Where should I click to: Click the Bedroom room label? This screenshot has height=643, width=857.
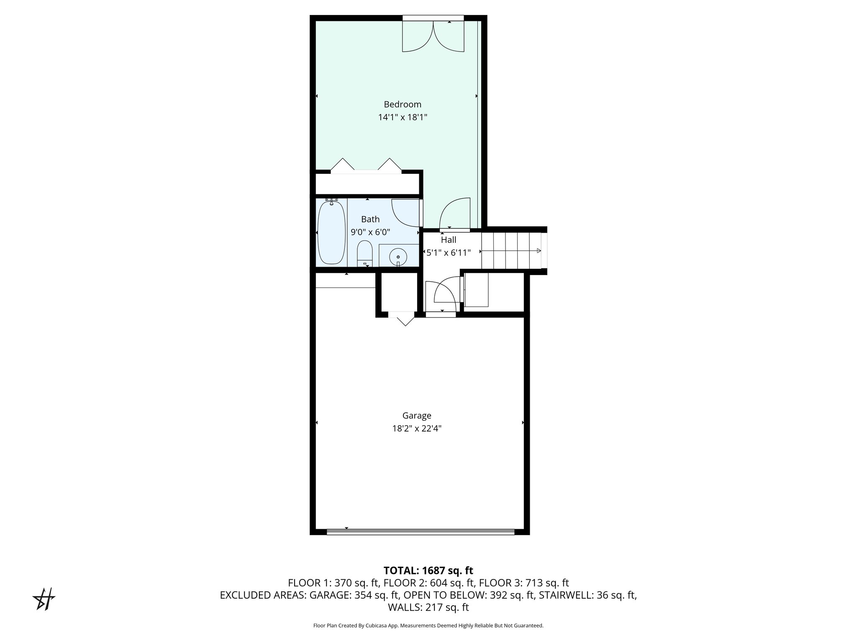(402, 104)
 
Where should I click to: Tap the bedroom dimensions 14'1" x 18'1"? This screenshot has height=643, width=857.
(402, 118)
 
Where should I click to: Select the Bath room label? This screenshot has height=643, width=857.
(370, 219)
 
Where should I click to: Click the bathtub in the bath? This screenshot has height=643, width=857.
(331, 233)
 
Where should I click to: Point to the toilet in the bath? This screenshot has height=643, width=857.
(364, 253)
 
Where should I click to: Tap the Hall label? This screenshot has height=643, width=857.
(448, 240)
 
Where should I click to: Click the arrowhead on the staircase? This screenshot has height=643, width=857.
(539, 251)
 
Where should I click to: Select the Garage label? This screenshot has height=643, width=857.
(416, 416)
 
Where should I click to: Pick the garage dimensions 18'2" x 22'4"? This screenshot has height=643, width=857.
(416, 429)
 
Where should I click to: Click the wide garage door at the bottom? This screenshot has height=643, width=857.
(420, 532)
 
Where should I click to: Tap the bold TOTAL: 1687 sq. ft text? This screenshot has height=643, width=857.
(428, 571)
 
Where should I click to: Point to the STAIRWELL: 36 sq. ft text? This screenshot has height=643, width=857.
(588, 595)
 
